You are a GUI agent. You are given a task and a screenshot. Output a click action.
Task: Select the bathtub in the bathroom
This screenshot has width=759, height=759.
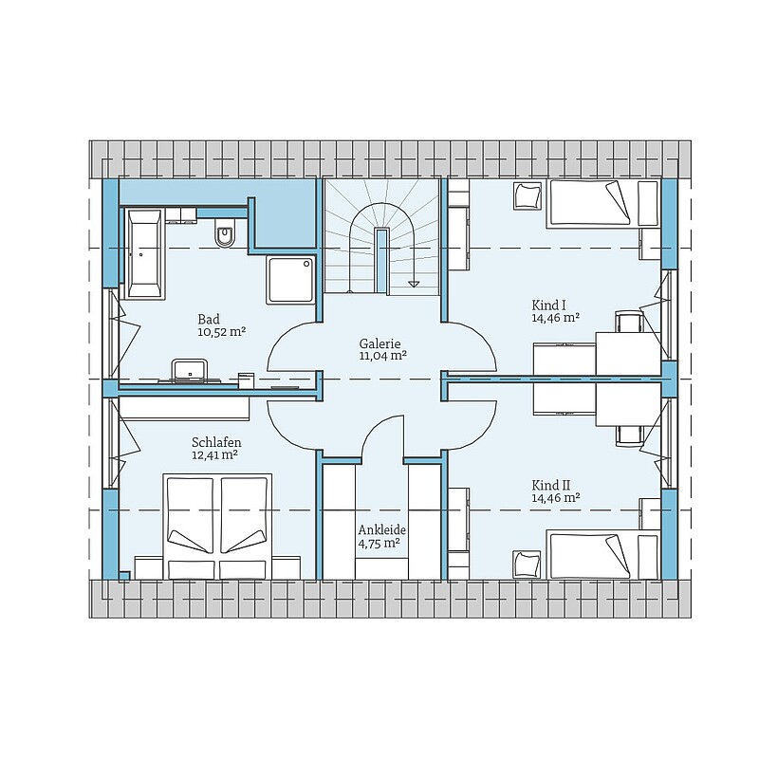(x=143, y=253)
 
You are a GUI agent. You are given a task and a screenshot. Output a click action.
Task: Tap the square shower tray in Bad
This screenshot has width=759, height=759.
(x=289, y=280)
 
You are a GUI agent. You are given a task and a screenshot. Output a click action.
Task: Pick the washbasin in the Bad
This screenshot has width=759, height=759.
(x=190, y=369)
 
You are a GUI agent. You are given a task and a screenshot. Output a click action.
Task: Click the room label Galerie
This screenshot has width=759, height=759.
(x=379, y=343)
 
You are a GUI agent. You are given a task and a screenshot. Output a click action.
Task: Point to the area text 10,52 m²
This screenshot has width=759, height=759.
(x=222, y=332)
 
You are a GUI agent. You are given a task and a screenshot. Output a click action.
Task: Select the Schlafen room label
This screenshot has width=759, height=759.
(x=216, y=442)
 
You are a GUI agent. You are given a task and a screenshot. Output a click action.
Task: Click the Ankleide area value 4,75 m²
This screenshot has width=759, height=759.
(x=379, y=543)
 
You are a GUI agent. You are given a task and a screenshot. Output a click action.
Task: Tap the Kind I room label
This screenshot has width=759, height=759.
(x=549, y=305)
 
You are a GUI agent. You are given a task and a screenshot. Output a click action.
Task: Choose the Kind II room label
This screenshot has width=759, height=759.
(x=551, y=485)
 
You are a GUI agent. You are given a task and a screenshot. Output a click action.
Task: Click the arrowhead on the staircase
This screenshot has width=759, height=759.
(x=414, y=284)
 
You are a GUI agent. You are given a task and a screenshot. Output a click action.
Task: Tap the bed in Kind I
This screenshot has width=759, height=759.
(x=603, y=203)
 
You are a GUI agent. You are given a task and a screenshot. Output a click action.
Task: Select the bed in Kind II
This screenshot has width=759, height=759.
(x=603, y=555)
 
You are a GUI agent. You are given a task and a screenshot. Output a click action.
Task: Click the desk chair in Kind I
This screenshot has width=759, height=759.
(x=629, y=322)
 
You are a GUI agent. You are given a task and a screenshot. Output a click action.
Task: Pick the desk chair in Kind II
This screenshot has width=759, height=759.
(x=629, y=435)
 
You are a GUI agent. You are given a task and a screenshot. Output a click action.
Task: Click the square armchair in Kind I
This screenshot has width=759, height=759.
(x=528, y=196)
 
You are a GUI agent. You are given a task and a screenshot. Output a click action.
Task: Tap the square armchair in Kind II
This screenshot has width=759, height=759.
(x=528, y=564)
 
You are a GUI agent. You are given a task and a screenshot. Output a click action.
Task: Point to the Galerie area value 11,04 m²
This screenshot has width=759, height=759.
(x=382, y=357)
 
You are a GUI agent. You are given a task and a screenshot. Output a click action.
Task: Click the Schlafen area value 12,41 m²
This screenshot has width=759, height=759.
(x=215, y=455)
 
